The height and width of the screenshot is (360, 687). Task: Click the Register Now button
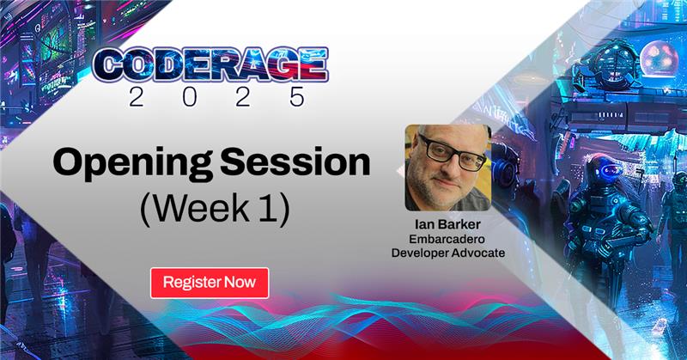(x=210, y=283)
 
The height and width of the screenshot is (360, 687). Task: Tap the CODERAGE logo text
(x=210, y=63)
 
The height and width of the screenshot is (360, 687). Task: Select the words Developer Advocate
(x=448, y=253)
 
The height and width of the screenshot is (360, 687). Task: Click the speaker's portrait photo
(x=447, y=169)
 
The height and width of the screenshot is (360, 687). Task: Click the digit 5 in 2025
(x=295, y=95)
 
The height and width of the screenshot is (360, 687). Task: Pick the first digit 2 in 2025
(x=129, y=95)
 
